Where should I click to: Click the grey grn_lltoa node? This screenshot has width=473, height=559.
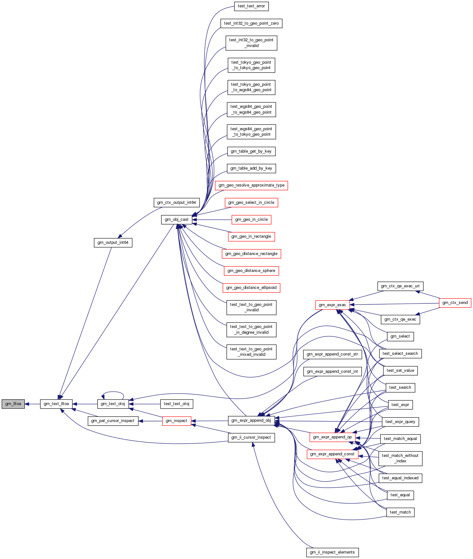click(x=13, y=404)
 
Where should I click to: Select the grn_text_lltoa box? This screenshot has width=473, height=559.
click(x=56, y=404)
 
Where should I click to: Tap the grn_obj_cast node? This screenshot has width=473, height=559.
click(x=176, y=220)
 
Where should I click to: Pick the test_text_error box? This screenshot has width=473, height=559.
click(x=251, y=6)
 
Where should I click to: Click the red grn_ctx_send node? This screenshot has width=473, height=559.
click(x=455, y=303)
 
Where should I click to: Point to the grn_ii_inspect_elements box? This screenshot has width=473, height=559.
click(x=332, y=552)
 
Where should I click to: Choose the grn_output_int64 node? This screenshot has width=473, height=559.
click(x=113, y=243)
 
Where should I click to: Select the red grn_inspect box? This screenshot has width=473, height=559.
click(x=176, y=421)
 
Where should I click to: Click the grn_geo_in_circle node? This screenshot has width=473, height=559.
click(x=251, y=220)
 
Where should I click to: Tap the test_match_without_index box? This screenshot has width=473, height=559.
click(x=400, y=458)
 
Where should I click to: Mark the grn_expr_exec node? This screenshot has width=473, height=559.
click(x=332, y=305)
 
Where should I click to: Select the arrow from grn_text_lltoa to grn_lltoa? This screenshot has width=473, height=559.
click(x=32, y=404)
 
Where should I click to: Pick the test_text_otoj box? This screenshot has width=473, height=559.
click(x=176, y=404)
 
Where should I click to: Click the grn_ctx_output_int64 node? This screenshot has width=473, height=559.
click(x=176, y=203)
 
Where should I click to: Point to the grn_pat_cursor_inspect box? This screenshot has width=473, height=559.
click(x=113, y=421)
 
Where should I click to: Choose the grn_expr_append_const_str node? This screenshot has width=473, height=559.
click(x=332, y=354)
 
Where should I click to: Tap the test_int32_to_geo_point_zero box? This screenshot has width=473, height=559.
click(x=251, y=23)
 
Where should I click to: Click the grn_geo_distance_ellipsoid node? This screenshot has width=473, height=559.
click(x=251, y=288)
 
